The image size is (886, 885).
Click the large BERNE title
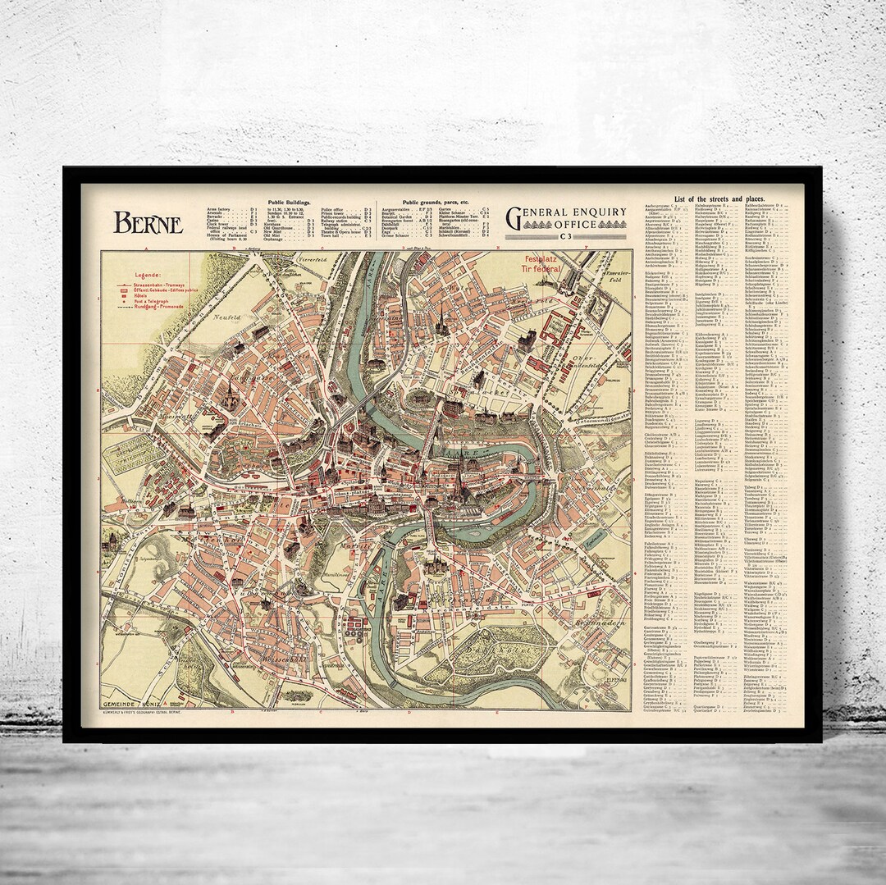coord(148,222)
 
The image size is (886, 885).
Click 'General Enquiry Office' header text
coord(566,218)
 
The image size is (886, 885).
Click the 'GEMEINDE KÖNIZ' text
coord(134,705)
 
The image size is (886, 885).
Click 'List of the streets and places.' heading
coord(708,199)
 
